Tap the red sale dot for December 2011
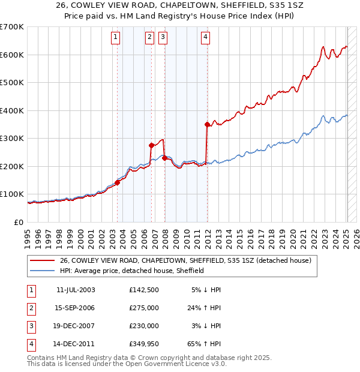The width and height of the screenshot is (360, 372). [207, 125]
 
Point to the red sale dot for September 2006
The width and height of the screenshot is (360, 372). [151, 145]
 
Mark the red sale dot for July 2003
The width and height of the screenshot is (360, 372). [118, 182]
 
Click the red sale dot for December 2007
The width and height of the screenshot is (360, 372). [164, 158]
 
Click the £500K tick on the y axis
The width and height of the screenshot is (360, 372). [11, 83]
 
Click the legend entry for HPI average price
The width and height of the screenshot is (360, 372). [132, 271]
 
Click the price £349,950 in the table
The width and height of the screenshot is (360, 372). [143, 344]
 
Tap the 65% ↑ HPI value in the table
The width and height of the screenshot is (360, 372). [206, 344]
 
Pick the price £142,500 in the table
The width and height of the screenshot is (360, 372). [143, 290]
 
